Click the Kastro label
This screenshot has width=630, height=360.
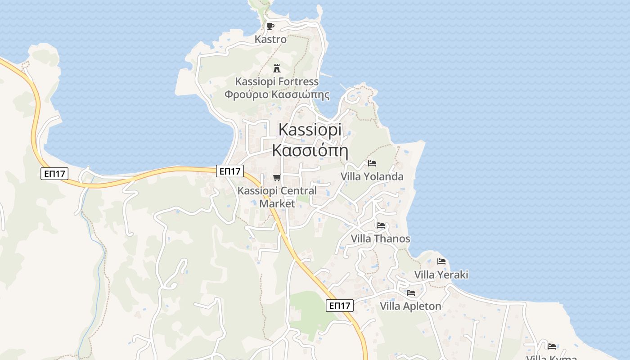(x=270, y=39)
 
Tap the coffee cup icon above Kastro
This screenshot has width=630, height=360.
(x=270, y=26)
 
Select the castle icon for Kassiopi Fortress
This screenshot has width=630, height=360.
(x=277, y=68)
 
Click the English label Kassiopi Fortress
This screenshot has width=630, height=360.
(x=277, y=81)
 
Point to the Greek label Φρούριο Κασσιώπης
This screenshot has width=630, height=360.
(x=277, y=95)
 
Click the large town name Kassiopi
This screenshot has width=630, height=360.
(x=310, y=129)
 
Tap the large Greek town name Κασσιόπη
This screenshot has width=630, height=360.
(x=310, y=150)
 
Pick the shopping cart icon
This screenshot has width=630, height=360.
(x=277, y=177)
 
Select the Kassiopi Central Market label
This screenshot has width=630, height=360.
(x=277, y=197)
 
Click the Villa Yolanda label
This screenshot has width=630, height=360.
(x=372, y=176)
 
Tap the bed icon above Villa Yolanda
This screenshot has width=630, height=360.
(x=372, y=163)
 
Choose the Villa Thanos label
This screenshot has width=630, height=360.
(x=380, y=238)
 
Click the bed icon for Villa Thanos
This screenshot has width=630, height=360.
(x=381, y=225)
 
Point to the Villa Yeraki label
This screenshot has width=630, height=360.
(x=441, y=274)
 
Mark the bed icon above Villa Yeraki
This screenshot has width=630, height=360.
(x=441, y=261)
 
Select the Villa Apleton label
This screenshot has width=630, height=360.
(x=410, y=306)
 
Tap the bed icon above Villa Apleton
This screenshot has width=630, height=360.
(x=411, y=293)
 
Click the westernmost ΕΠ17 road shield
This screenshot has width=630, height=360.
(x=54, y=174)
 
